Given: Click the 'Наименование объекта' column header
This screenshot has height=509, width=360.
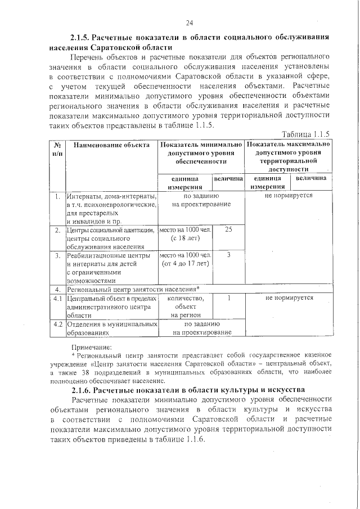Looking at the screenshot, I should coord(111,145).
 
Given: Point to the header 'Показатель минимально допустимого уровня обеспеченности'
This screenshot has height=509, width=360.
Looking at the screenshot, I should coord(201,153).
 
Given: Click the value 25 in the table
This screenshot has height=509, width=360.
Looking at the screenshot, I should coord(228,229).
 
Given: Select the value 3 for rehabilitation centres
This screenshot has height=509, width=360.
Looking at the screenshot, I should coord(228,255).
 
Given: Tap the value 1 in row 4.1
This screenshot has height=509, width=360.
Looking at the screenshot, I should coord(228,298).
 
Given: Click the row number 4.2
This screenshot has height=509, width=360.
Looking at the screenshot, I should coord(57,324).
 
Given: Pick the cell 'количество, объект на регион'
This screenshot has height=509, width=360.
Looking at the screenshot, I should coord(186,307).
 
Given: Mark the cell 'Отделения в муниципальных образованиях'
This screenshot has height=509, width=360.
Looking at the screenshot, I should coord(111,328).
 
